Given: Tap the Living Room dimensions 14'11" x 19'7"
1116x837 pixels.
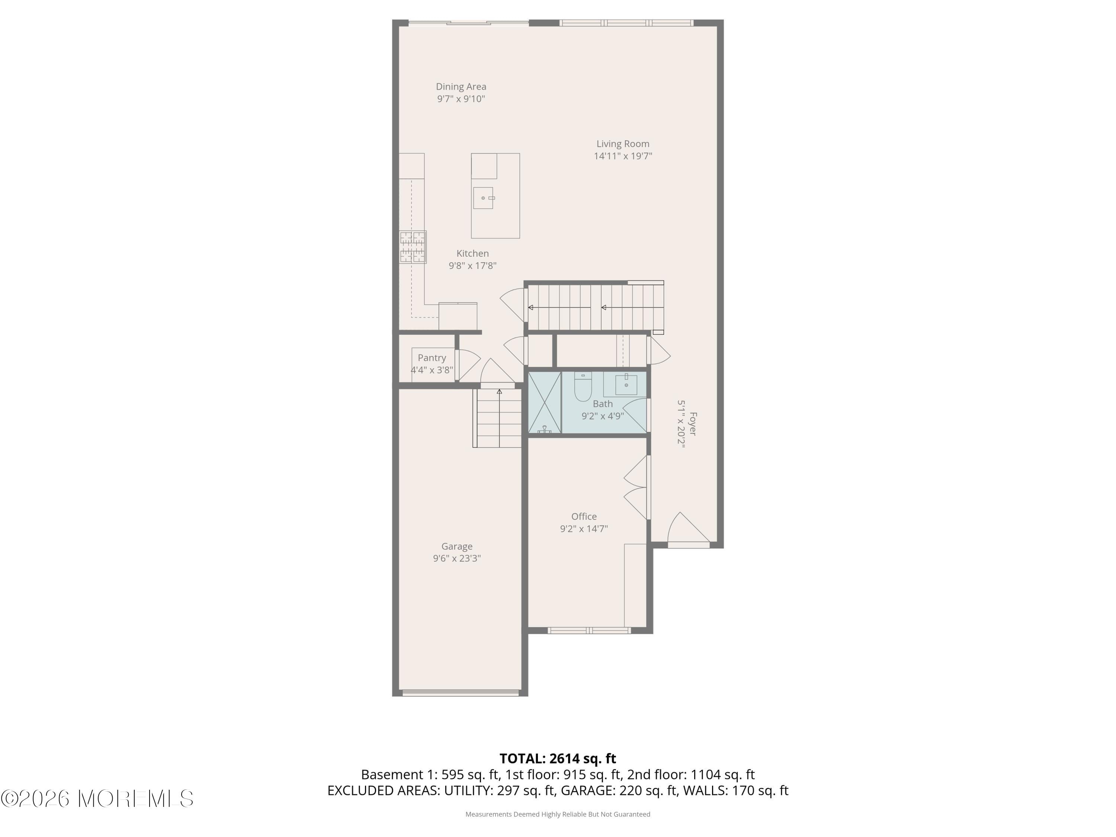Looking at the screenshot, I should tap(623, 156).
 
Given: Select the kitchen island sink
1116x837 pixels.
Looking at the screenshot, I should tap(483, 198).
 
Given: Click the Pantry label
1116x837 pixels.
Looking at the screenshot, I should tap(432, 358).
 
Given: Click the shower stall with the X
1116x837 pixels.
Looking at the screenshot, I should tap(544, 403).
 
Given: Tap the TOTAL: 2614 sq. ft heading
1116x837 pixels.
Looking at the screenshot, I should tap(558, 758).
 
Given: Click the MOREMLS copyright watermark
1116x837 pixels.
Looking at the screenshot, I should tap(97, 799).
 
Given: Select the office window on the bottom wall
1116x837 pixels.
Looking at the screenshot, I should tap(589, 630).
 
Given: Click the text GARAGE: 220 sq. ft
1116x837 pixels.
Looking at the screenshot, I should tap(619, 790).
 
